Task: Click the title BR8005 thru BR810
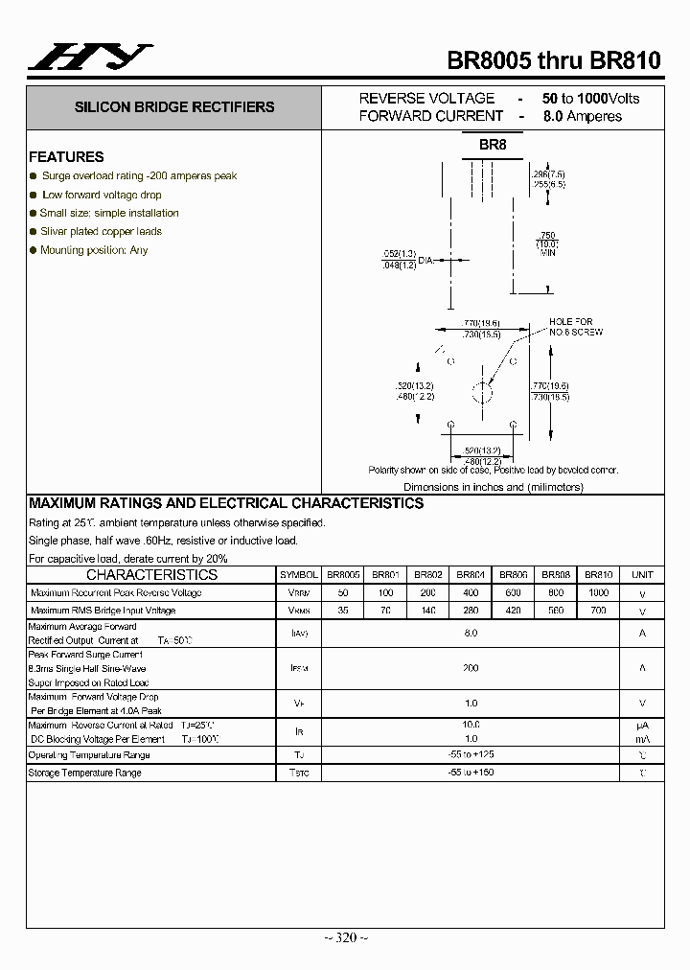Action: pyautogui.click(x=554, y=60)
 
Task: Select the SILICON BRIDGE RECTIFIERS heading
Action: pyautogui.click(x=174, y=107)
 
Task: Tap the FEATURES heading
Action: pyautogui.click(x=66, y=157)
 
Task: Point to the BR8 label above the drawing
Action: pyautogui.click(x=493, y=145)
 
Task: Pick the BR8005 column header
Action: pyautogui.click(x=343, y=575)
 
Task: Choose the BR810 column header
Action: pyautogui.click(x=598, y=575)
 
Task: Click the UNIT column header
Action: pyautogui.click(x=642, y=575)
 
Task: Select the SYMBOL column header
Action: pyautogui.click(x=299, y=575)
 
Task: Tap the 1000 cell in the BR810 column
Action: pyautogui.click(x=598, y=592)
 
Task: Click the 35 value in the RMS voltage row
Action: pyautogui.click(x=343, y=611)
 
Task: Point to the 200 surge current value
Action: pyautogui.click(x=471, y=668)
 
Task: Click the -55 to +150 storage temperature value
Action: pyautogui.click(x=471, y=773)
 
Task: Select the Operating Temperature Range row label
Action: pyautogui.click(x=89, y=754)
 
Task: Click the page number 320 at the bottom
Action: pyautogui.click(x=345, y=937)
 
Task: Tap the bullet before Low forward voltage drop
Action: pyautogui.click(x=34, y=195)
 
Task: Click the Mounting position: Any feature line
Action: pyautogui.click(x=94, y=250)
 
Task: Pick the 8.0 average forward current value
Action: pyautogui.click(x=471, y=633)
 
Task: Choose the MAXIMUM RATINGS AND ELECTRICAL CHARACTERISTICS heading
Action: pyautogui.click(x=226, y=503)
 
